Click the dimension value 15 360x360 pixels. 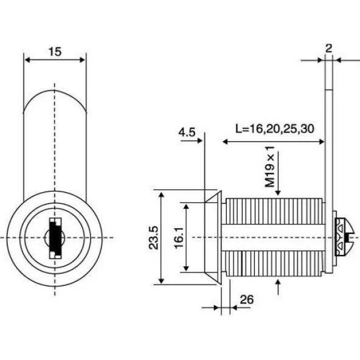tap(54, 52)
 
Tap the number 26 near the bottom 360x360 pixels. tap(247, 299)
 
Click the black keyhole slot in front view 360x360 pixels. tap(55, 238)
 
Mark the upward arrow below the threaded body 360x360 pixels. tap(278, 283)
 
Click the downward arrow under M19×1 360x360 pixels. tap(277, 191)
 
